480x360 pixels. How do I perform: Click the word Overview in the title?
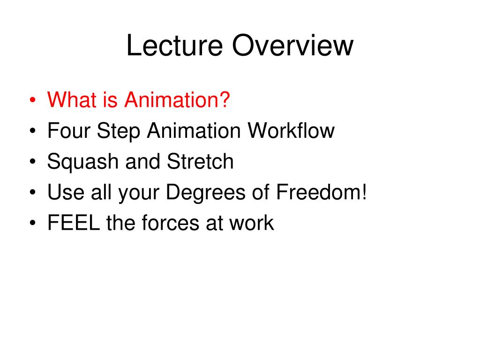pos(292,45)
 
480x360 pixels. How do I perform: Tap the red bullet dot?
pos(33,100)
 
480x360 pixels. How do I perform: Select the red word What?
pos(72,99)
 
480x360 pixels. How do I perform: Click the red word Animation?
pos(177,99)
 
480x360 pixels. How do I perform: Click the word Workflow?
pos(291,130)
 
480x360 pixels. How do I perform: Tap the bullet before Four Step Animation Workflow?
pos(33,131)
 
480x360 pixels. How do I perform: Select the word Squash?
pos(82,162)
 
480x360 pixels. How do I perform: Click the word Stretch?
pos(200,161)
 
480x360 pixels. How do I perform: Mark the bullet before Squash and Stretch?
pos(33,162)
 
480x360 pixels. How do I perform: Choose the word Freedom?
pos(322,192)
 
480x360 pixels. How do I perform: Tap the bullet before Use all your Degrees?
pos(33,193)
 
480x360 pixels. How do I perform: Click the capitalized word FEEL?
pos(74,223)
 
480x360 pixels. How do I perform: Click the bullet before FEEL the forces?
pos(33,223)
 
